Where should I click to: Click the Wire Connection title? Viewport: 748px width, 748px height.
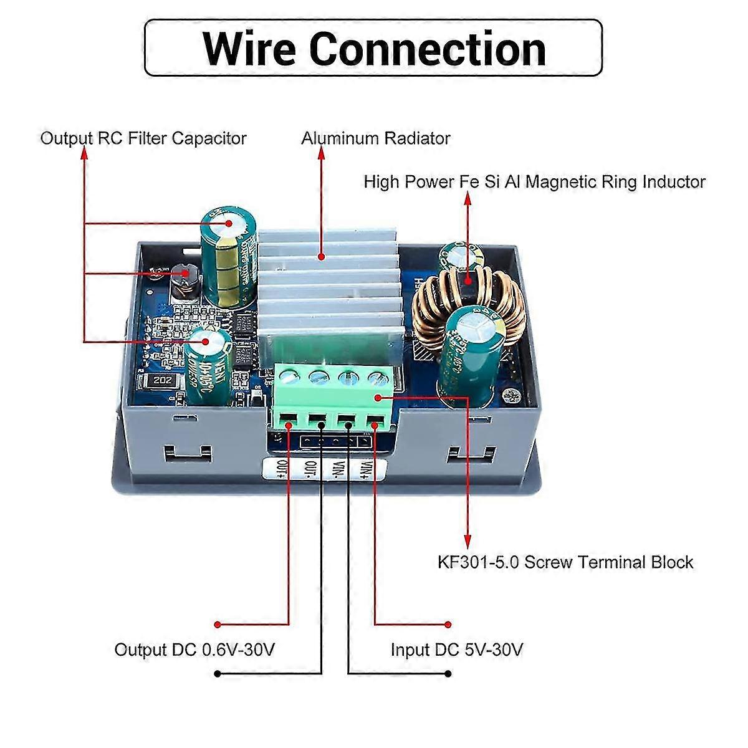(374, 48)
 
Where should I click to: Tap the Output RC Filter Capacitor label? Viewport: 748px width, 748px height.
(143, 138)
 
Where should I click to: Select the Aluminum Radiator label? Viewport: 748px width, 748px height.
(376, 138)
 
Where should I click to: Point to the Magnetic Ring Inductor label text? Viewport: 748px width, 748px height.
(534, 182)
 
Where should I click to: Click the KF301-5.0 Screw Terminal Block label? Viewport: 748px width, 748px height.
(565, 562)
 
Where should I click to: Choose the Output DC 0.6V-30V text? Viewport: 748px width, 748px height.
(194, 650)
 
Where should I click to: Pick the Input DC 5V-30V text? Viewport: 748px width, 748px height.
(456, 650)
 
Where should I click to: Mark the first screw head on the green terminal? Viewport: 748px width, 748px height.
(288, 375)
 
